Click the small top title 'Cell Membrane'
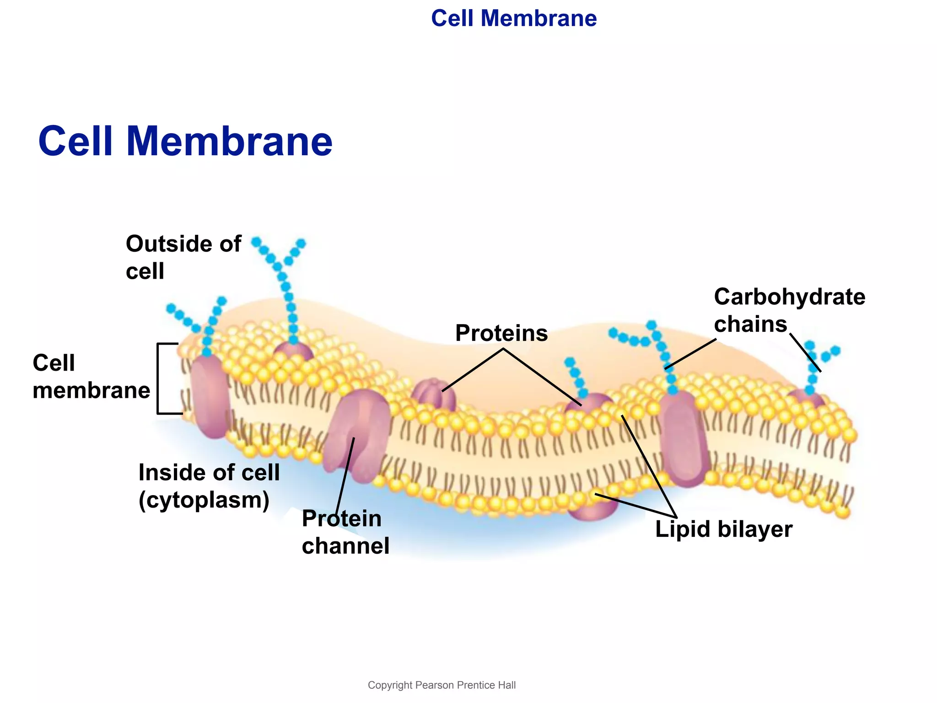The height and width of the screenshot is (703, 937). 514,19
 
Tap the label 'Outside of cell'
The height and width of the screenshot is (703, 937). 183,257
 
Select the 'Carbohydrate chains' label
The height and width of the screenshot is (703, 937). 789,310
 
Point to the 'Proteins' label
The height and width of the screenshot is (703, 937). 501,333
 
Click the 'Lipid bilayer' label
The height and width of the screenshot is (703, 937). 723,529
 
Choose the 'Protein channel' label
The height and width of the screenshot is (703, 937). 345,532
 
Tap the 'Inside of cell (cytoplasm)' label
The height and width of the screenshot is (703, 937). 209,486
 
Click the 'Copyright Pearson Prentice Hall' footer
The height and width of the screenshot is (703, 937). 442,685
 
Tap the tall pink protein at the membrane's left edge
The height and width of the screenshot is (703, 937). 210,396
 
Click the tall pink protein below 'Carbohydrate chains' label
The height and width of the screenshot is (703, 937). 683,437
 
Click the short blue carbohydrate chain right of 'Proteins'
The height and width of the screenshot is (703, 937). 576,378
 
